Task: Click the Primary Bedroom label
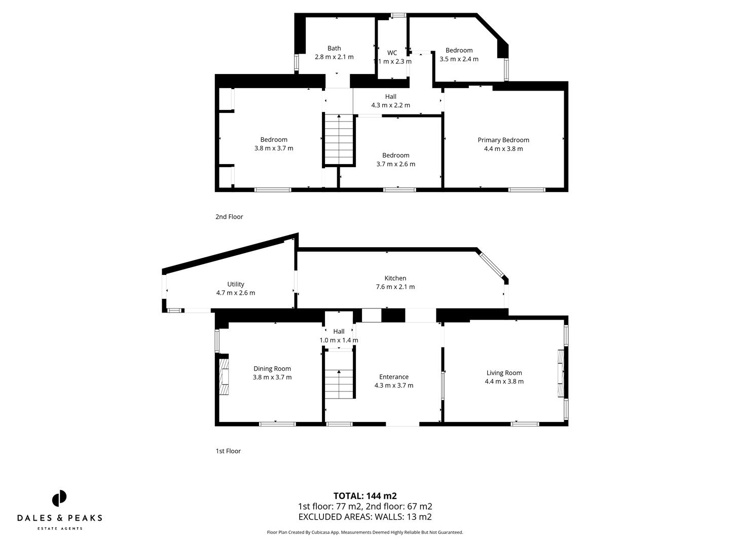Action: [x=503, y=140]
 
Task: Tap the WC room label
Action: [x=392, y=53]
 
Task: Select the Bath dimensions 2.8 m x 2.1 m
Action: [x=334, y=57]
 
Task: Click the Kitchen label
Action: [x=395, y=278]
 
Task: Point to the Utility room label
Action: [x=235, y=284]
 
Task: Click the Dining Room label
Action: [x=272, y=368]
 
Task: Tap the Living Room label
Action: [x=504, y=373]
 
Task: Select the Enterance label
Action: [x=394, y=377]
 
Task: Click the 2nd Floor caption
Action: [x=229, y=217]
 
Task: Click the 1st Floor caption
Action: [x=228, y=451]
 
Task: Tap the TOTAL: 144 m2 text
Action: [x=365, y=496]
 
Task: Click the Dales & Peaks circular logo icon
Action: [x=59, y=498]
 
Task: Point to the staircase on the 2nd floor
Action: [x=339, y=139]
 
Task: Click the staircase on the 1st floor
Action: [x=339, y=375]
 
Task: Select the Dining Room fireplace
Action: [x=224, y=374]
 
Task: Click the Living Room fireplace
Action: [x=561, y=373]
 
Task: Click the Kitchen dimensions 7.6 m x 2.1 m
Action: [x=395, y=287]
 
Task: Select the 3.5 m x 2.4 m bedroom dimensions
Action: [x=459, y=59]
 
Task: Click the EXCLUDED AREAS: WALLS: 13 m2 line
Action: [x=365, y=517]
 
